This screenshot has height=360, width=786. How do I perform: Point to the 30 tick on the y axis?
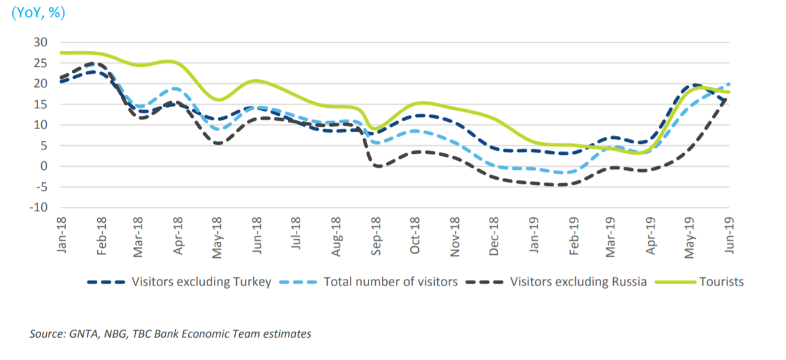[41, 42]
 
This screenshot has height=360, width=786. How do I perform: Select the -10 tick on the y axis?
[38, 207]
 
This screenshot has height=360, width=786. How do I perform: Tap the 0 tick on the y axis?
[44, 166]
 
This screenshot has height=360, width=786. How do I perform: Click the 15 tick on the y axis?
[41, 104]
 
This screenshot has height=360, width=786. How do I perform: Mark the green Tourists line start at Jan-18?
[61, 53]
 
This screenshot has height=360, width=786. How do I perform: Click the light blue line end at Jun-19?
[729, 84]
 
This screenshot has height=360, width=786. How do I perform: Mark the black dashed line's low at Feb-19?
[563, 184]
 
